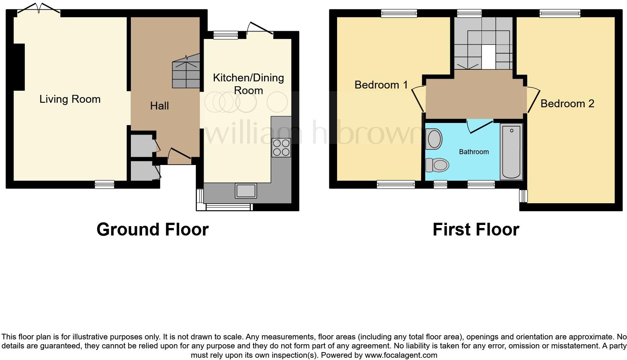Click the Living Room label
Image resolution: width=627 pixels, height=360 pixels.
click(70, 99)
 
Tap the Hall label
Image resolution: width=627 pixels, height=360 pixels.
click(159, 106)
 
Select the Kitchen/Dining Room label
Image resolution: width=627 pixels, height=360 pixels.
click(248, 84)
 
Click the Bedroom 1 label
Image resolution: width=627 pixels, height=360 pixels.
click(381, 85)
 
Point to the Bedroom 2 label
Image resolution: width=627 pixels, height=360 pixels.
click(567, 103)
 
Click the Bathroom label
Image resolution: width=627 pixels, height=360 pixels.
click(474, 152)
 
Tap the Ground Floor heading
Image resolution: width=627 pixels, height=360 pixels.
click(152, 229)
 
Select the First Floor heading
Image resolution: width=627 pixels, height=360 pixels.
click(475, 229)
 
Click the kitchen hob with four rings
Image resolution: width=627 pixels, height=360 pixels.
click(281, 147)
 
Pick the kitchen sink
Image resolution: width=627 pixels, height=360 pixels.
click(246, 190)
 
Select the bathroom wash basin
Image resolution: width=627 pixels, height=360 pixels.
click(434, 138)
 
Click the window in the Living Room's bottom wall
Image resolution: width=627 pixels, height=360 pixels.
click(104, 184)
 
